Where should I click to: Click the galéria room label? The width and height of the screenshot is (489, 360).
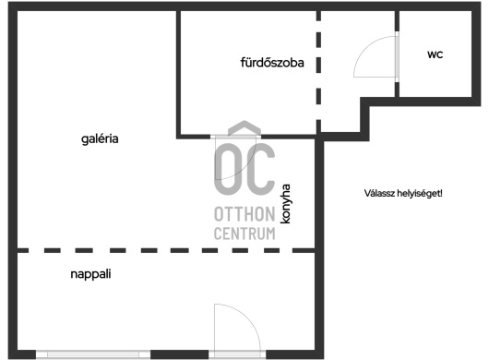[x=100, y=138]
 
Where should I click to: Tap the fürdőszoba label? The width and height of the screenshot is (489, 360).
[x=272, y=63]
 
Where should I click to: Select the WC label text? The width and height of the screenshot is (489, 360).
[x=435, y=54]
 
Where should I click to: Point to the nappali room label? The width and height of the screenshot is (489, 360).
[x=90, y=274]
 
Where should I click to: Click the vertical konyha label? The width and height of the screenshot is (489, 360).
[x=285, y=204]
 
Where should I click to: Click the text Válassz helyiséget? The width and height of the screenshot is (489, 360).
[x=403, y=194]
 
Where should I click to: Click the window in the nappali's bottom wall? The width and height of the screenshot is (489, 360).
[x=93, y=354]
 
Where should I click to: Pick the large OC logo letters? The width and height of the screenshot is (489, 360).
[x=244, y=168]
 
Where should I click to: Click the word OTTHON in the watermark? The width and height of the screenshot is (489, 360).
[x=244, y=214]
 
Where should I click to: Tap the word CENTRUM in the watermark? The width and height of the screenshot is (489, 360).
[x=244, y=234]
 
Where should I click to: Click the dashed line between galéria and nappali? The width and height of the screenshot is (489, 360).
[x=166, y=250]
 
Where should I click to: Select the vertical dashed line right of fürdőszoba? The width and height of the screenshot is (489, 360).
[x=318, y=72]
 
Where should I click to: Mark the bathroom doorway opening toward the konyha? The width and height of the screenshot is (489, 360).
[x=235, y=137]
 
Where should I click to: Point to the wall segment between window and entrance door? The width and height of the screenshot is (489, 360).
[x=180, y=354]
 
